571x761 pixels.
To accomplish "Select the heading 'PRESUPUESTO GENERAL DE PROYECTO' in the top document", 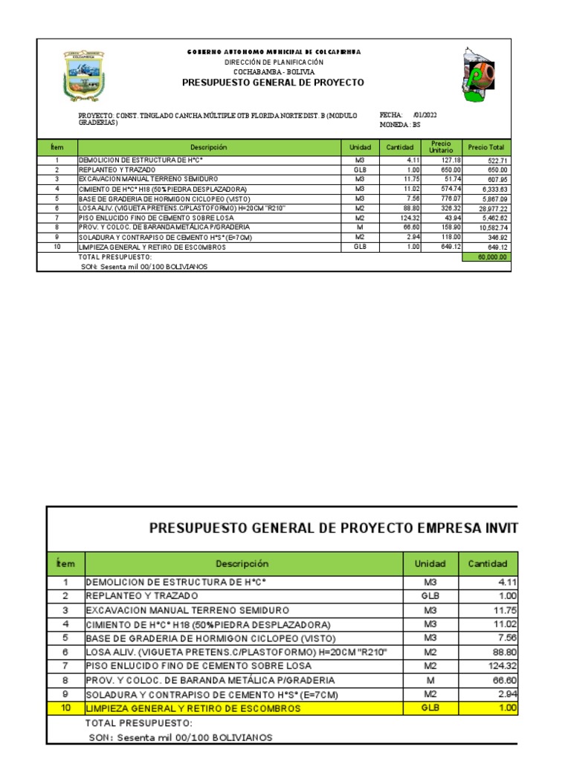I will (x=273, y=82).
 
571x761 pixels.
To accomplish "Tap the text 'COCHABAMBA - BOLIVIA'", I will (x=273, y=72).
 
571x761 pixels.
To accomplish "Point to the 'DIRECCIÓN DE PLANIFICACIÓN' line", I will (x=273, y=62).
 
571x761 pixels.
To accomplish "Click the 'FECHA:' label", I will (x=391, y=115).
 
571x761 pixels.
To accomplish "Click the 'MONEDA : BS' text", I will (x=400, y=124).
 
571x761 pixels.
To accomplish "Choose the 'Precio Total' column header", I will (x=486, y=148).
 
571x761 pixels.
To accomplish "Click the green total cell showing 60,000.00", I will (x=487, y=256).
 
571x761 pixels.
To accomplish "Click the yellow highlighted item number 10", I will (x=65, y=708).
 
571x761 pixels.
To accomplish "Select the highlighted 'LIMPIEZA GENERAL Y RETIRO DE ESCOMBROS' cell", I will (x=193, y=708).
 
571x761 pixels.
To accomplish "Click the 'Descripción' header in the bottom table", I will (x=242, y=564).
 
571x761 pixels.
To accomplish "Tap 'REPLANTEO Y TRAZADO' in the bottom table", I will (x=142, y=596).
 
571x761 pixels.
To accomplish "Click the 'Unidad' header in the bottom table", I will (x=430, y=564).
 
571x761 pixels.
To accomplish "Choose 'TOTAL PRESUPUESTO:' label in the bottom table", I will (x=138, y=723).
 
